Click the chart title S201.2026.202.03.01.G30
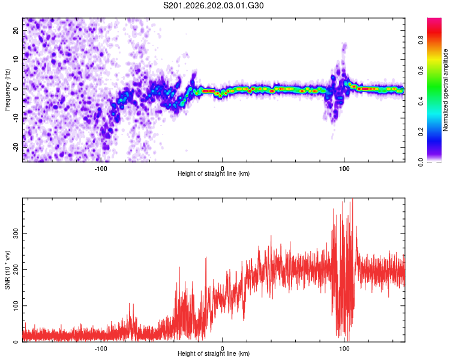[x=213, y=5]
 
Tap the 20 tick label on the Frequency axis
[x=16, y=30]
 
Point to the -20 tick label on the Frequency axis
[x=16, y=147]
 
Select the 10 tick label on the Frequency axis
[x=16, y=59]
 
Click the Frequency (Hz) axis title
[x=7, y=90]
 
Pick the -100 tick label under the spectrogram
[x=100, y=169]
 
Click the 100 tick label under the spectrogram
[x=344, y=169]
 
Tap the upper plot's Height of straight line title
[x=214, y=173]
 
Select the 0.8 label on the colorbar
[x=421, y=40]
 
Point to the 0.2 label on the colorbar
[x=421, y=132]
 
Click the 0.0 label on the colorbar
[x=421, y=162]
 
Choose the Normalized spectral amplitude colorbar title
[x=445, y=90]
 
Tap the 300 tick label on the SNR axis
[x=16, y=233]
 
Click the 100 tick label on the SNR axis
[x=16, y=306]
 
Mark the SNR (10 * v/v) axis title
[x=7, y=270]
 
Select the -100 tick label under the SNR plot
[x=100, y=349]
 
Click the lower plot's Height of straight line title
[x=214, y=353]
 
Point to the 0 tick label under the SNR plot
[x=223, y=349]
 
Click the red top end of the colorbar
[x=434, y=20]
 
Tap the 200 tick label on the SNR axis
[x=16, y=269]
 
